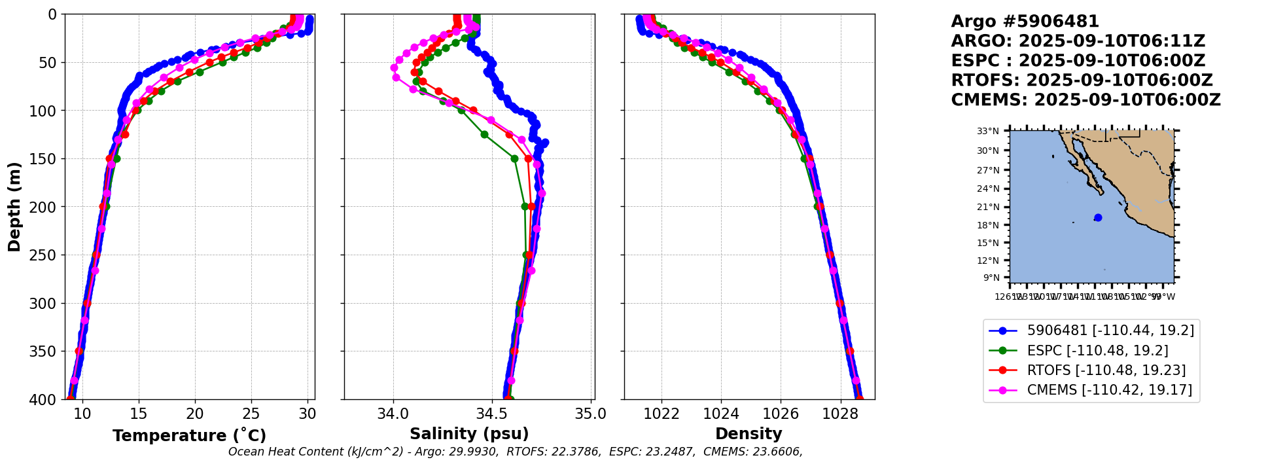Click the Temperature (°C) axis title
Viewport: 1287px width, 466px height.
click(189, 436)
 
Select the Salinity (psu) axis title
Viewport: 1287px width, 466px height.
click(469, 434)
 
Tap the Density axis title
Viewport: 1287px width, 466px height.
click(749, 434)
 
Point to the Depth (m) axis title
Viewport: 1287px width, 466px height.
click(14, 207)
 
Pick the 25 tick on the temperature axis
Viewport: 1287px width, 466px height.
click(251, 414)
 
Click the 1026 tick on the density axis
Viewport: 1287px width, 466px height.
click(781, 414)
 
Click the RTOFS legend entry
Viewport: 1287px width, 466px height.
click(1106, 370)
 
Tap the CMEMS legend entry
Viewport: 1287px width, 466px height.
click(1109, 390)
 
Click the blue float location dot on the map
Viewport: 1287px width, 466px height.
click(1098, 218)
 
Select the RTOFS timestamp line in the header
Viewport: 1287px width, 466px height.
click(1082, 81)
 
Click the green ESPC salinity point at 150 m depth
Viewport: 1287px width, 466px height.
click(514, 158)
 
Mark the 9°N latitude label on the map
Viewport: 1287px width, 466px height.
click(991, 278)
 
